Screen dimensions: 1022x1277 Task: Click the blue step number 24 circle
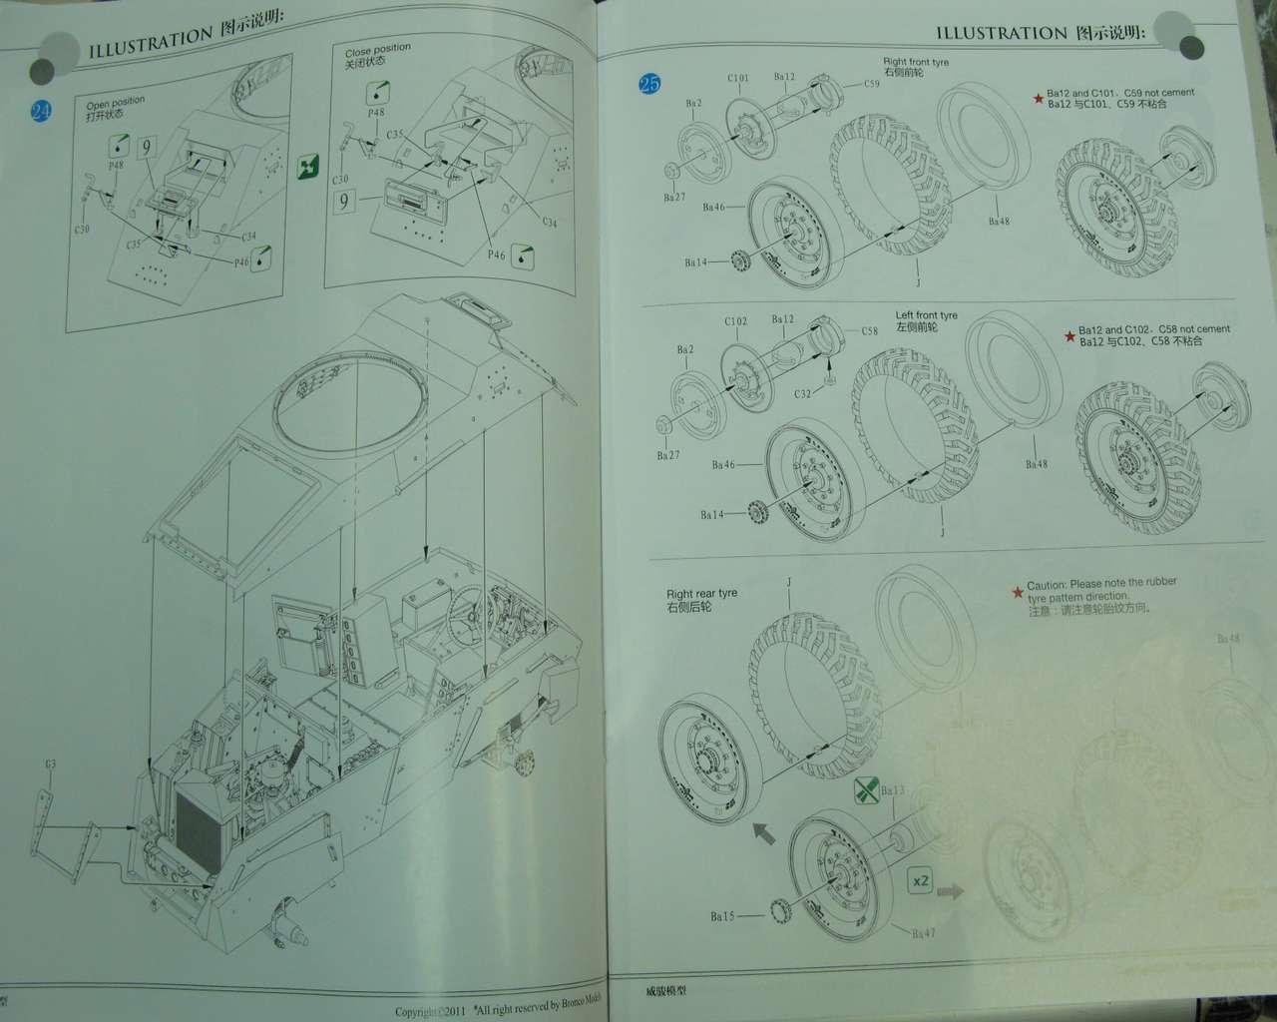click(41, 111)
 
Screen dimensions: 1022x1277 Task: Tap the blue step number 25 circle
click(649, 84)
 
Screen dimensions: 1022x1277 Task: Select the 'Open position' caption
click(114, 103)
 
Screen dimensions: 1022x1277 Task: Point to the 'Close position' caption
click(377, 50)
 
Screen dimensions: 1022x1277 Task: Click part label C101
click(737, 78)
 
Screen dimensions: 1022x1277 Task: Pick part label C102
click(735, 321)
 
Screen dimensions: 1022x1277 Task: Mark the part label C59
click(871, 84)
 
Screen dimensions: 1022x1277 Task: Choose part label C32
click(803, 394)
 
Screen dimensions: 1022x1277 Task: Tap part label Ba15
click(722, 915)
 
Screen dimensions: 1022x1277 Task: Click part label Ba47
click(923, 933)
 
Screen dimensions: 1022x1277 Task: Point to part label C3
click(50, 765)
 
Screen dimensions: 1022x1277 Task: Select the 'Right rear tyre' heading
click(701, 593)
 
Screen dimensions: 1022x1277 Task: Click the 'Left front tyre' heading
click(926, 315)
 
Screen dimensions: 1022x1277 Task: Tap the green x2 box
click(920, 881)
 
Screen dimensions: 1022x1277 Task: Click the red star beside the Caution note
click(1017, 593)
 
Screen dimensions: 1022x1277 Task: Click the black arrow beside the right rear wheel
click(763, 831)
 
